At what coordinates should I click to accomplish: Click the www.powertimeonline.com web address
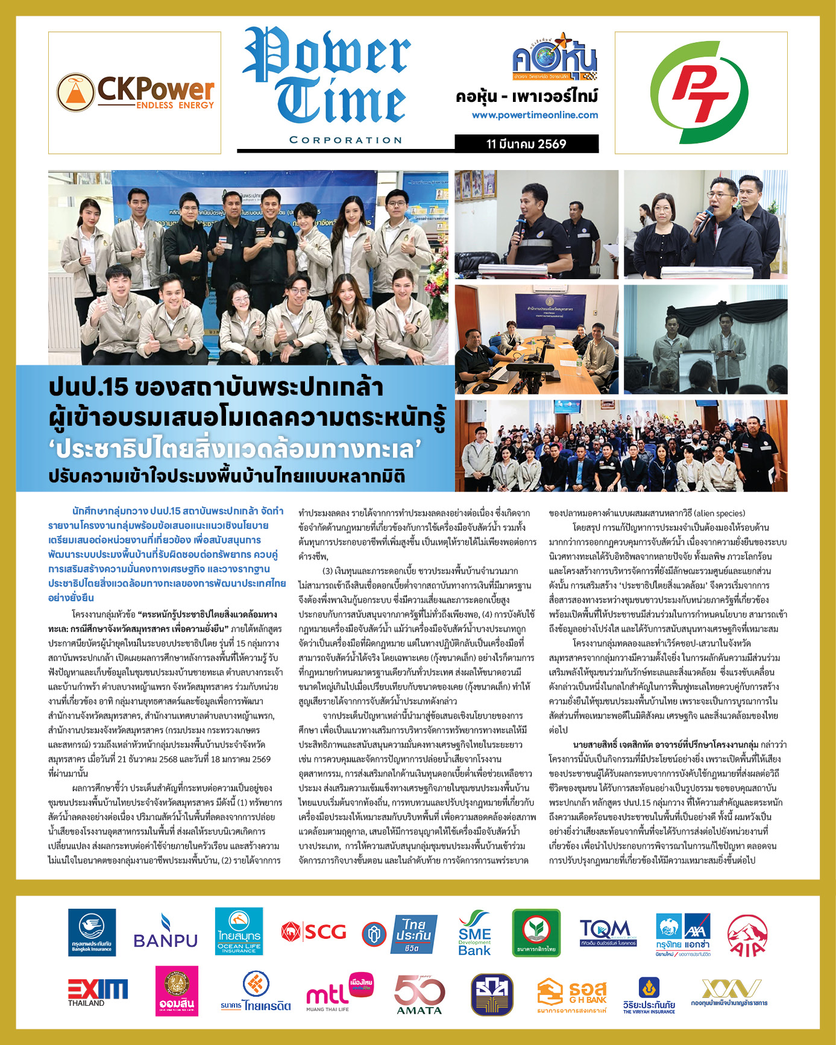click(535, 115)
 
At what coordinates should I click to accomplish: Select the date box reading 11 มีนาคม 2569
click(526, 144)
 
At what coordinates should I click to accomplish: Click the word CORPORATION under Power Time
click(345, 140)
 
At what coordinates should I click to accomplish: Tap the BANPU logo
click(165, 933)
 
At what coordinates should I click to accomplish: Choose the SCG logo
click(313, 932)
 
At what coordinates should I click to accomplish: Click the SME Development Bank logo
click(474, 933)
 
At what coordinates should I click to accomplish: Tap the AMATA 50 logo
click(420, 993)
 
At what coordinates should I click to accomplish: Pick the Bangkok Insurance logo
click(92, 932)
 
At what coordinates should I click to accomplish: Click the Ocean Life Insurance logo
click(239, 932)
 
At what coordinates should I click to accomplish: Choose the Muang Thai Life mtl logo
click(340, 991)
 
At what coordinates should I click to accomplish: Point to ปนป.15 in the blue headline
click(89, 387)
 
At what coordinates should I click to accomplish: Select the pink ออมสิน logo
click(177, 991)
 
